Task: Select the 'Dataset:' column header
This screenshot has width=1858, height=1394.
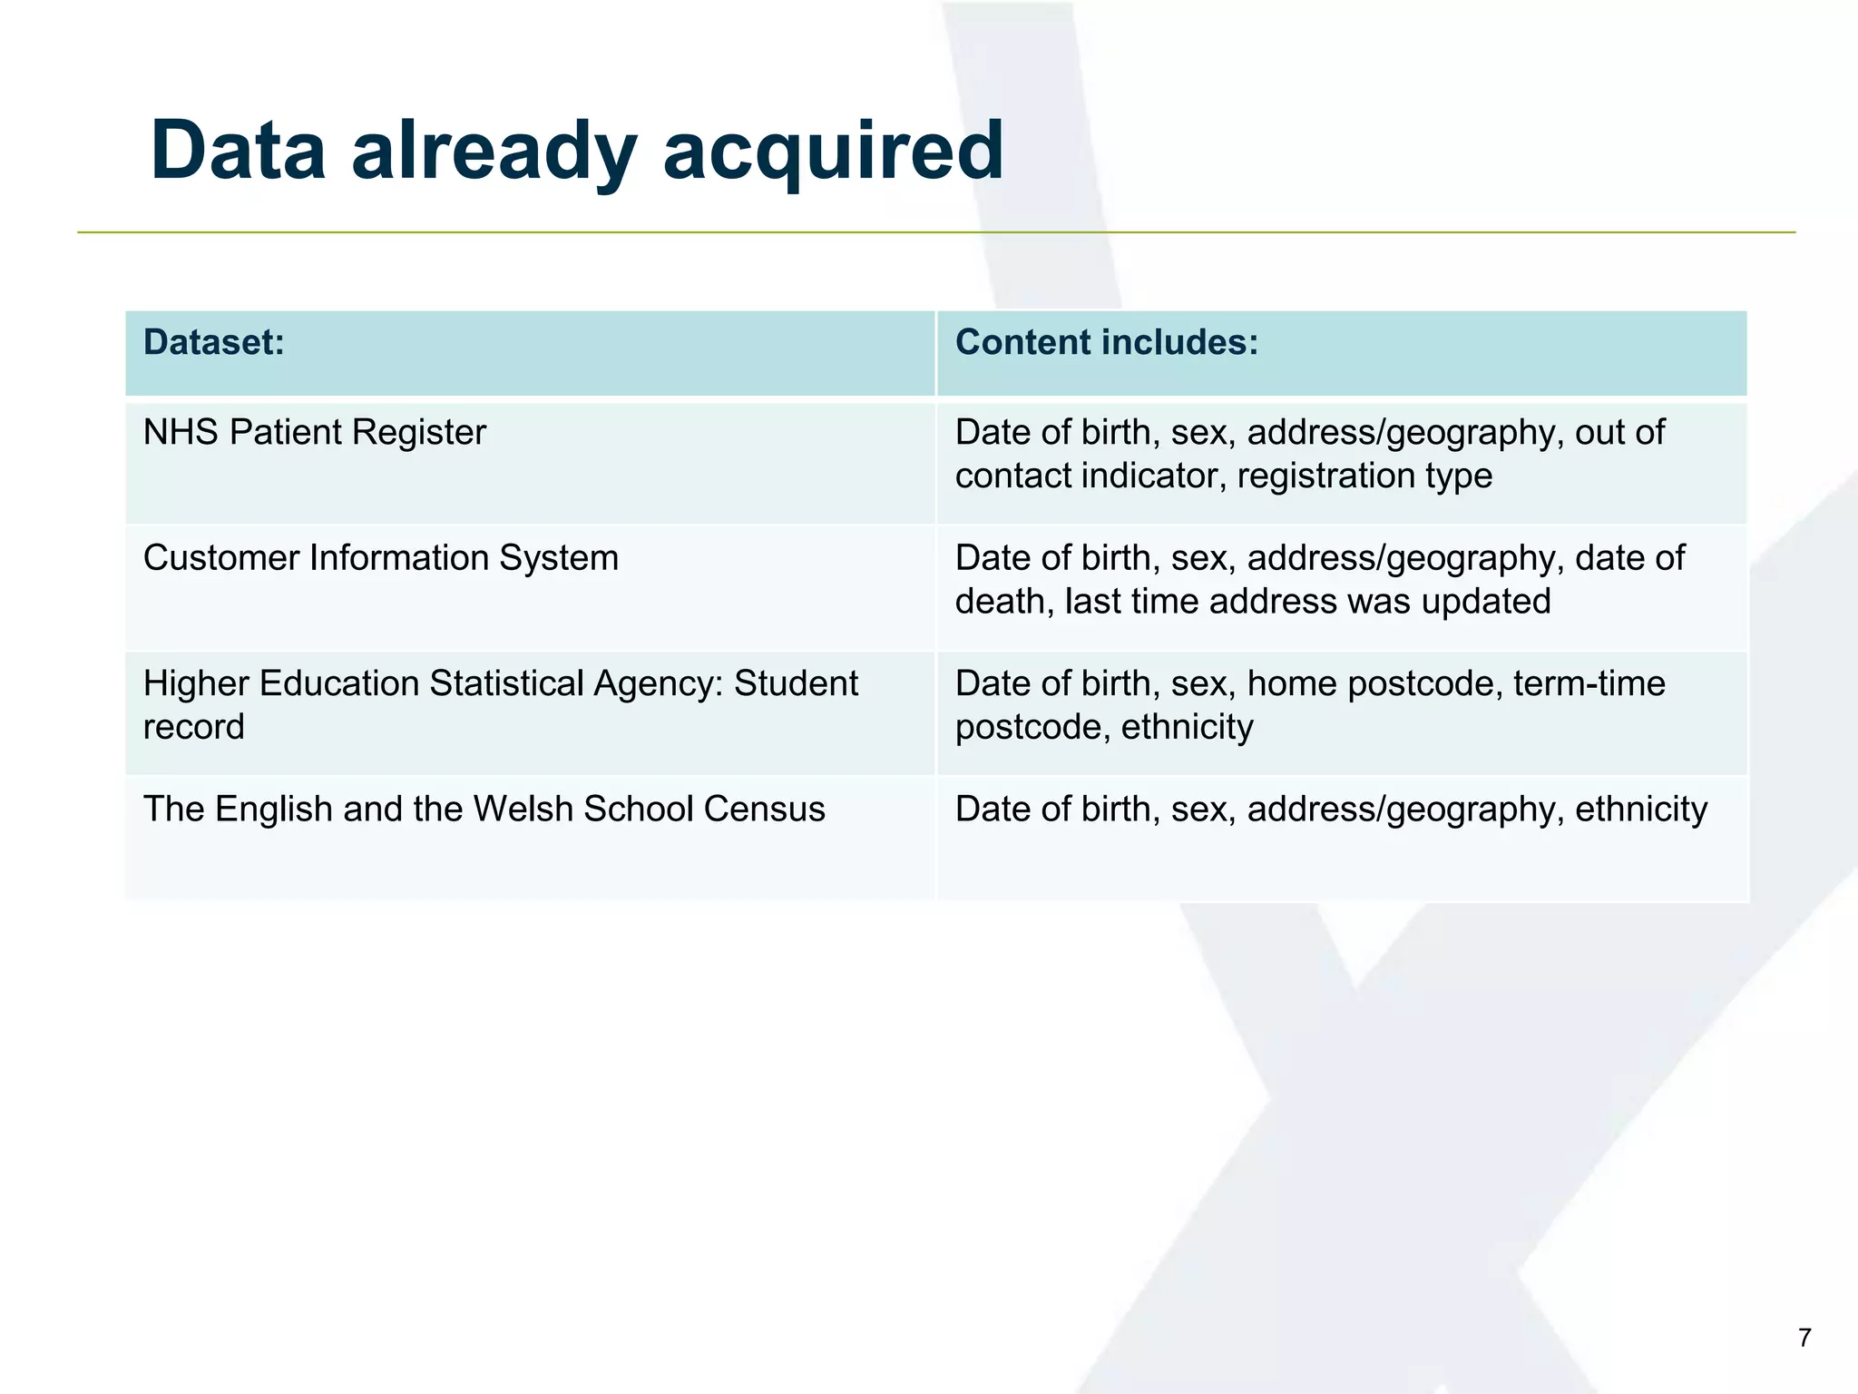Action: coord(214,342)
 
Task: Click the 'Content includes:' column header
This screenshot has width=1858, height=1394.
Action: coord(1107,342)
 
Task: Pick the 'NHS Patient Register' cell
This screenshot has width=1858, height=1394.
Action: coord(315,432)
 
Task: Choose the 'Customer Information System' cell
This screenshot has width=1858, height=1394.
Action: coord(381,557)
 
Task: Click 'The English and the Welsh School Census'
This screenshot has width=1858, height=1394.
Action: coord(484,809)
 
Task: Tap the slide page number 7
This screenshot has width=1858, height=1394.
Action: coord(1804,1338)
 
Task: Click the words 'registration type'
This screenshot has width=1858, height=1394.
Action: coord(1364,476)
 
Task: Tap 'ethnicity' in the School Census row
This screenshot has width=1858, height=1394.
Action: coord(1641,809)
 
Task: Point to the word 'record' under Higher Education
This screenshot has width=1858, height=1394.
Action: coord(194,727)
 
